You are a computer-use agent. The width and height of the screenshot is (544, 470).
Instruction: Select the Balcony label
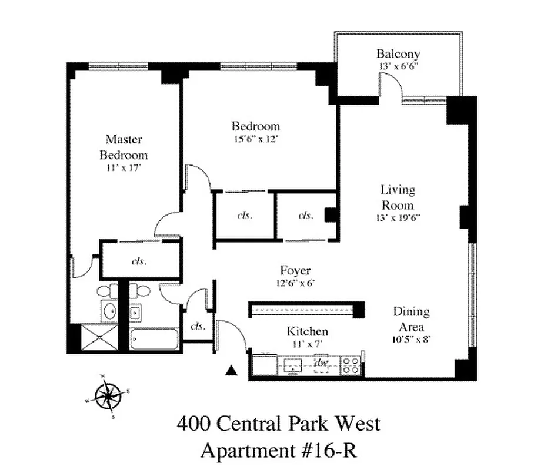(x=398, y=55)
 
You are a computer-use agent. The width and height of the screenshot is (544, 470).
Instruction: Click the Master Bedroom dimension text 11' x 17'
(x=124, y=167)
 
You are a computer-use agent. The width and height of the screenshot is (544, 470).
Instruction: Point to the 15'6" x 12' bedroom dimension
(x=255, y=139)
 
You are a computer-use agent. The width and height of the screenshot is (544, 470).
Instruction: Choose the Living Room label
(x=398, y=197)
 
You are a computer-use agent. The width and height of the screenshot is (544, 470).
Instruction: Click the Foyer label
(x=295, y=271)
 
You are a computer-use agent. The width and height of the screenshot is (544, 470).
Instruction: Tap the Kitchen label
(x=307, y=331)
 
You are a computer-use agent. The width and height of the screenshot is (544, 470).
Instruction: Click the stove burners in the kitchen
(x=351, y=365)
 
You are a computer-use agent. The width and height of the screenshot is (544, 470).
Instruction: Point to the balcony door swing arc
(x=392, y=88)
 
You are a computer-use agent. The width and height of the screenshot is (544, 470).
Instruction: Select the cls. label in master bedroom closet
(x=139, y=261)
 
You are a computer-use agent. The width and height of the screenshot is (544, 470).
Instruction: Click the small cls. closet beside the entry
(x=198, y=326)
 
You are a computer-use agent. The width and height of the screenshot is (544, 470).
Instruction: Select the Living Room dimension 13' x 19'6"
(x=398, y=217)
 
